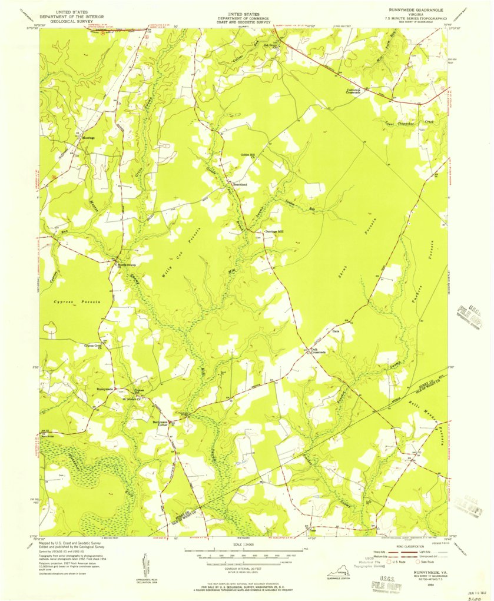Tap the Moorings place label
[88, 138]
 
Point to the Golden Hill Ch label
[247, 156]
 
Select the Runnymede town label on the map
[104, 389]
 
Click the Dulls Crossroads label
[319, 351]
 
